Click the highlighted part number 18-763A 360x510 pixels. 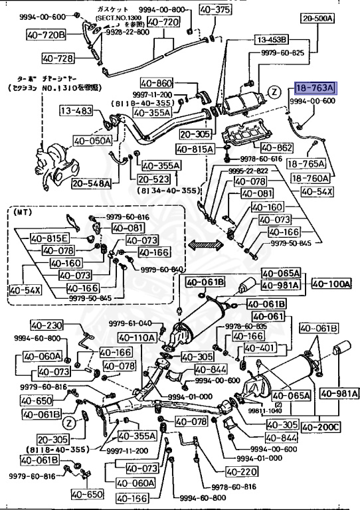coord(316,88)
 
